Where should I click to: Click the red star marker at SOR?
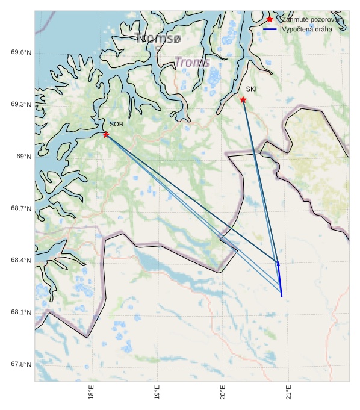tap(106, 134)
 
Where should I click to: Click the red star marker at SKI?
tap(243, 99)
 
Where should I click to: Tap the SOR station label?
tap(117, 124)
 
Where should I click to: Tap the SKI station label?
tap(251, 89)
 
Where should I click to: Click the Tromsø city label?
tap(158, 39)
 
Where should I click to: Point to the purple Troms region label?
tap(192, 62)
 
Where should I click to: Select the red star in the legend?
tap(270, 19)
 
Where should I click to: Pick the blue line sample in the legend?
tap(270, 29)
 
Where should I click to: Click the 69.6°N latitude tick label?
tap(21, 52)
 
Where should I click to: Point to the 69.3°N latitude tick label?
tap(21, 104)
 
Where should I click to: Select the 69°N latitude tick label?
tap(23, 157)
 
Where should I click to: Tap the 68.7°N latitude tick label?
tap(21, 208)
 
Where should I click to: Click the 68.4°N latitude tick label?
tap(21, 260)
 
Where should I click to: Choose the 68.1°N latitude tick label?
tap(21, 312)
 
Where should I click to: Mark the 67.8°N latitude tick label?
tap(21, 364)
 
